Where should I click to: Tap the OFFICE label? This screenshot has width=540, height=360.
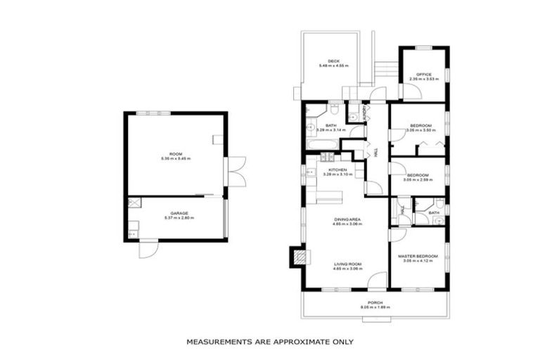(x=423, y=75)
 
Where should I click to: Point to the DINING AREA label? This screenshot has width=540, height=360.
(x=347, y=219)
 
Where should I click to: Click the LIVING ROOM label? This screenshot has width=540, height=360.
(x=347, y=264)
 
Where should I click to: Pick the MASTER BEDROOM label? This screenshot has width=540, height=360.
(x=418, y=256)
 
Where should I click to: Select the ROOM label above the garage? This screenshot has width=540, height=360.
(x=175, y=154)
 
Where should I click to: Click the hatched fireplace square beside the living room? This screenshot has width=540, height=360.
(x=300, y=257)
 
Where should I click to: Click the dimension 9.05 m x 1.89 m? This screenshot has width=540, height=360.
(x=375, y=307)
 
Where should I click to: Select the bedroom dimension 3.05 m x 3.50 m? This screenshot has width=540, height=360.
(x=420, y=130)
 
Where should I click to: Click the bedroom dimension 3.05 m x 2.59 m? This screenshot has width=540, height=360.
(x=418, y=180)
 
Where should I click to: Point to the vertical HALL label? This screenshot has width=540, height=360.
(x=377, y=152)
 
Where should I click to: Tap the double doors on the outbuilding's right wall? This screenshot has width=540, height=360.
(x=236, y=172)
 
